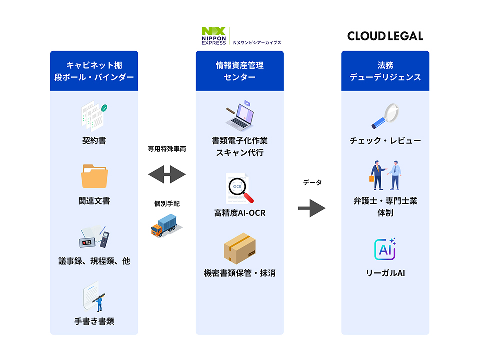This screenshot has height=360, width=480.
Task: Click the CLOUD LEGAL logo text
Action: tap(385, 36)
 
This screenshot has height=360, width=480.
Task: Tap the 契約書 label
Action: tap(94, 141)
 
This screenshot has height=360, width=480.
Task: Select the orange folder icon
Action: tap(95, 176)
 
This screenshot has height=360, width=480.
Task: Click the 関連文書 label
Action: tap(94, 201)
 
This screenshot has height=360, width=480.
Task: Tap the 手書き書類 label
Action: tap(94, 321)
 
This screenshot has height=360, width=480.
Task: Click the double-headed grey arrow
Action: tap(167, 175)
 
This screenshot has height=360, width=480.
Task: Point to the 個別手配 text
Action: tap(167, 203)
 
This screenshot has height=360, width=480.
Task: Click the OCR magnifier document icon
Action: tap(239, 188)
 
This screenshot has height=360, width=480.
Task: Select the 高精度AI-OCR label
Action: tap(240, 213)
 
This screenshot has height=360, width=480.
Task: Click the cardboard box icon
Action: tap(240, 249)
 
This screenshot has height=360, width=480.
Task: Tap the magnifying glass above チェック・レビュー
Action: tap(385, 116)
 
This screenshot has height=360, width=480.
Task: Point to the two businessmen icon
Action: tap(385, 175)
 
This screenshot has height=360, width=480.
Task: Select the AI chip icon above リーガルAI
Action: tap(385, 249)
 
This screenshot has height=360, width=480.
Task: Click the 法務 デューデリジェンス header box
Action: tap(385, 71)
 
